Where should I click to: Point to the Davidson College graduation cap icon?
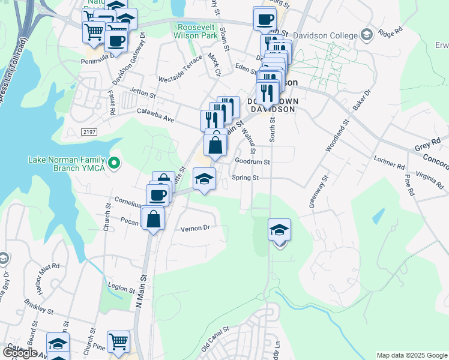[365, 35]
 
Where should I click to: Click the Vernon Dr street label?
[195, 228]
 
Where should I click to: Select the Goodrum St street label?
[252, 161]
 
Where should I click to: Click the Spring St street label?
[245, 178]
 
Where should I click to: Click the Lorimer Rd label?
[389, 163]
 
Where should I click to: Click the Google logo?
[19, 353]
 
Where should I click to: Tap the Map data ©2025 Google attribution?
[412, 355]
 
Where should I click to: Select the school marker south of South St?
[279, 230]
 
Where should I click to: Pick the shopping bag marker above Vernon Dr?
[154, 218]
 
